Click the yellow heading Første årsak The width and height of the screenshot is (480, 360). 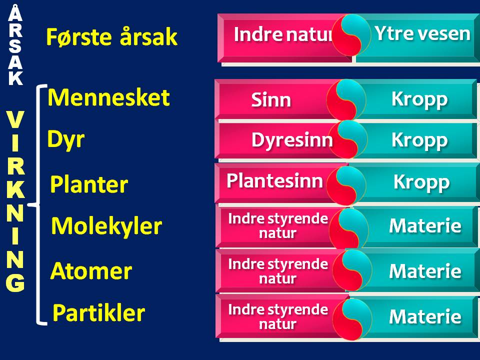click(111, 36)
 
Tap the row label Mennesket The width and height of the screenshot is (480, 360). click(108, 97)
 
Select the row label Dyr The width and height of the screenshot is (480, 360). click(66, 139)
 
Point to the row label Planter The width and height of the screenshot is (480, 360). click(89, 184)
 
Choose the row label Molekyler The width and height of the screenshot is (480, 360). click(106, 226)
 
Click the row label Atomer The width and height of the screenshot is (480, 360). click(91, 271)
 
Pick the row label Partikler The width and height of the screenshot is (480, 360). click(98, 312)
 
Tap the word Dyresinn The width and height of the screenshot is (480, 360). click(292, 140)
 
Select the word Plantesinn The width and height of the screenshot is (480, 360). click(274, 180)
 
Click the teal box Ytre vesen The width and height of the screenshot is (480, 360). click(416, 38)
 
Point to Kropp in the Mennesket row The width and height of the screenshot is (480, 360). click(419, 99)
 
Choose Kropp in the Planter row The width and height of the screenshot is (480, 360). click(421, 182)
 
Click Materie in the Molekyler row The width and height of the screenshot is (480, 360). click(425, 225)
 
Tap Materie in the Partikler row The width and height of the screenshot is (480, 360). click(425, 316)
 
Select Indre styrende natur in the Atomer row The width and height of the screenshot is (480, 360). click(278, 271)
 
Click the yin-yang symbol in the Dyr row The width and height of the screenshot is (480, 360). click(348, 139)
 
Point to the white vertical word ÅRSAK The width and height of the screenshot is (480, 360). click(15, 46)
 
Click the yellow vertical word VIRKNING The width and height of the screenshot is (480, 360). click(15, 201)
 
